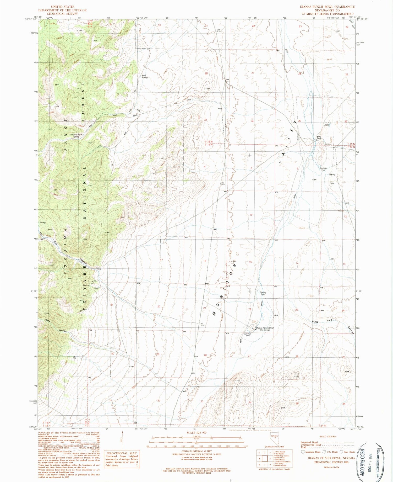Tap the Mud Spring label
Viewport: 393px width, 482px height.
pyautogui.click(x=144, y=76)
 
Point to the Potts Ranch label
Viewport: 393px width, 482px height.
pyautogui.click(x=319, y=137)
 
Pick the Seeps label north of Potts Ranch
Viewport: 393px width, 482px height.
pyautogui.click(x=326, y=125)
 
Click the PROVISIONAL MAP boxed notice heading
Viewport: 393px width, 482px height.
pyautogui.click(x=122, y=453)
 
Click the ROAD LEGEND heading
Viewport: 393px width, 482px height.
pyautogui.click(x=328, y=436)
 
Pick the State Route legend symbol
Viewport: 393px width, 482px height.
pyautogui.click(x=341, y=452)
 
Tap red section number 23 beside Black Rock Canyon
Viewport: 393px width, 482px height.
pyautogui.click(x=297, y=310)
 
